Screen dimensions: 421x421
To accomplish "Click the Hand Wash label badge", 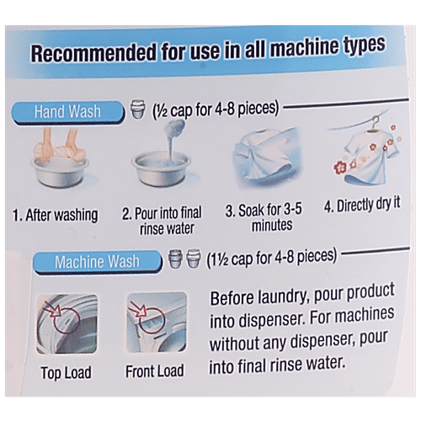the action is (x=67, y=113).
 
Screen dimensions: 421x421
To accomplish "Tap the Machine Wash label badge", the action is (x=98, y=262).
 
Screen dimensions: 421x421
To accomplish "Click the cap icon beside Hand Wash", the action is (x=138, y=109).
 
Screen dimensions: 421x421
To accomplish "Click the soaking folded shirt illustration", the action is (x=266, y=157).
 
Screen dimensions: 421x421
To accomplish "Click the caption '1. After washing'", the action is (x=56, y=216).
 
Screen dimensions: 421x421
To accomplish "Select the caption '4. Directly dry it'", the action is (x=362, y=205).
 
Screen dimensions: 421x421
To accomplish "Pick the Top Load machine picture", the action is (x=67, y=323).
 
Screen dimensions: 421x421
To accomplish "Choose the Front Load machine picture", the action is (x=157, y=322).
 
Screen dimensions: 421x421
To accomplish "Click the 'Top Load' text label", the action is (x=66, y=373).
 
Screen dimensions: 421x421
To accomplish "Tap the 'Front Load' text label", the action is (x=155, y=371).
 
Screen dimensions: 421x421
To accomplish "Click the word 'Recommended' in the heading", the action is (x=93, y=53).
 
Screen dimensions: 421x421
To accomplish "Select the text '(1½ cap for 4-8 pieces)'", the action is (x=271, y=258).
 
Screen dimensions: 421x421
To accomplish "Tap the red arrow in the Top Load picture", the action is (x=53, y=309).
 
